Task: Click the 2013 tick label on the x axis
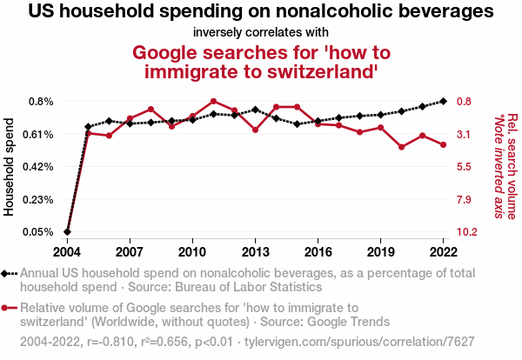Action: (x=255, y=251)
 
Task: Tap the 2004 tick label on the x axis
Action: (x=67, y=251)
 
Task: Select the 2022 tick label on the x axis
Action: (x=444, y=251)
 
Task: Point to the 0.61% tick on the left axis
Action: (x=38, y=134)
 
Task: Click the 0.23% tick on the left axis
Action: (x=38, y=200)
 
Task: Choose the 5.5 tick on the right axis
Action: (x=464, y=167)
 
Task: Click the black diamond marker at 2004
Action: (x=67, y=232)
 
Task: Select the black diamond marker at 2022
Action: (x=444, y=101)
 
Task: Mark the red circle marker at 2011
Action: (x=213, y=101)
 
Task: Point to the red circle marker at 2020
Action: (x=402, y=147)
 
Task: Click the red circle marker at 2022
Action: (x=444, y=144)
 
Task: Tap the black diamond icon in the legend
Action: (x=9, y=273)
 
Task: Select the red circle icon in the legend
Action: (x=9, y=307)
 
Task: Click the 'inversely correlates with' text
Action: (x=261, y=33)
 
